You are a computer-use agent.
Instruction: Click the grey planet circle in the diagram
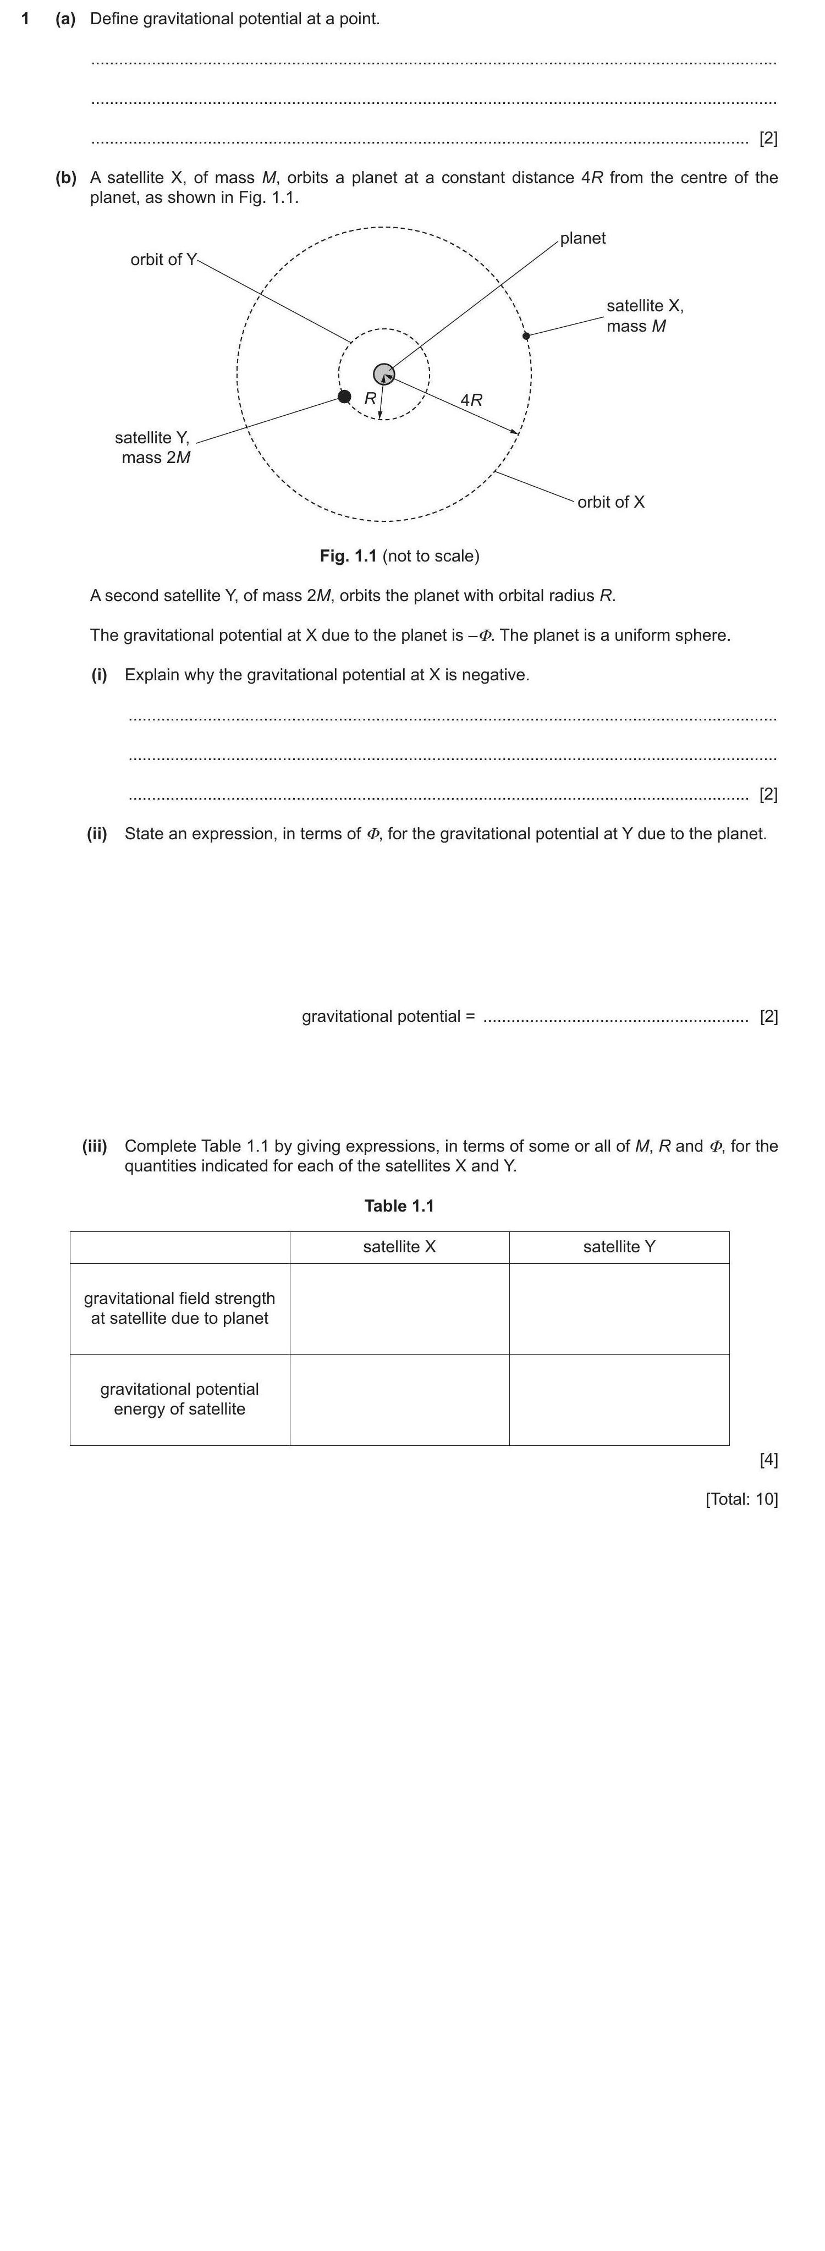coord(384,374)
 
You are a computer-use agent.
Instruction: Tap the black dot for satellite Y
coord(344,397)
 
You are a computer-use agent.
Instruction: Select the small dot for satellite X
coord(525,335)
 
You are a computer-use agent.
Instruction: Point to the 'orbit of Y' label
coord(163,260)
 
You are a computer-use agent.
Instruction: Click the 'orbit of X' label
coord(611,502)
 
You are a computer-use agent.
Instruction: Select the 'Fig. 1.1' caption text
coord(348,556)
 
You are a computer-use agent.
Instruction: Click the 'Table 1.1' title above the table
coord(399,1206)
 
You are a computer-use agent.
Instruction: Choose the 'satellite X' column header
coord(399,1247)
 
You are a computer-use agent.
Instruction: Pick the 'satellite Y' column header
coord(619,1247)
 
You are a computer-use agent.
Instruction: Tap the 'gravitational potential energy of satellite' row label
coord(179,1399)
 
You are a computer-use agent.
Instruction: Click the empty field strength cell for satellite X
coord(399,1309)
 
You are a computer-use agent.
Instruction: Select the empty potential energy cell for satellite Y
coord(619,1400)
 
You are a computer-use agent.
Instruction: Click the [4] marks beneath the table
coord(768,1459)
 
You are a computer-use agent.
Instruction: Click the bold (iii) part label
coord(95,1146)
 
